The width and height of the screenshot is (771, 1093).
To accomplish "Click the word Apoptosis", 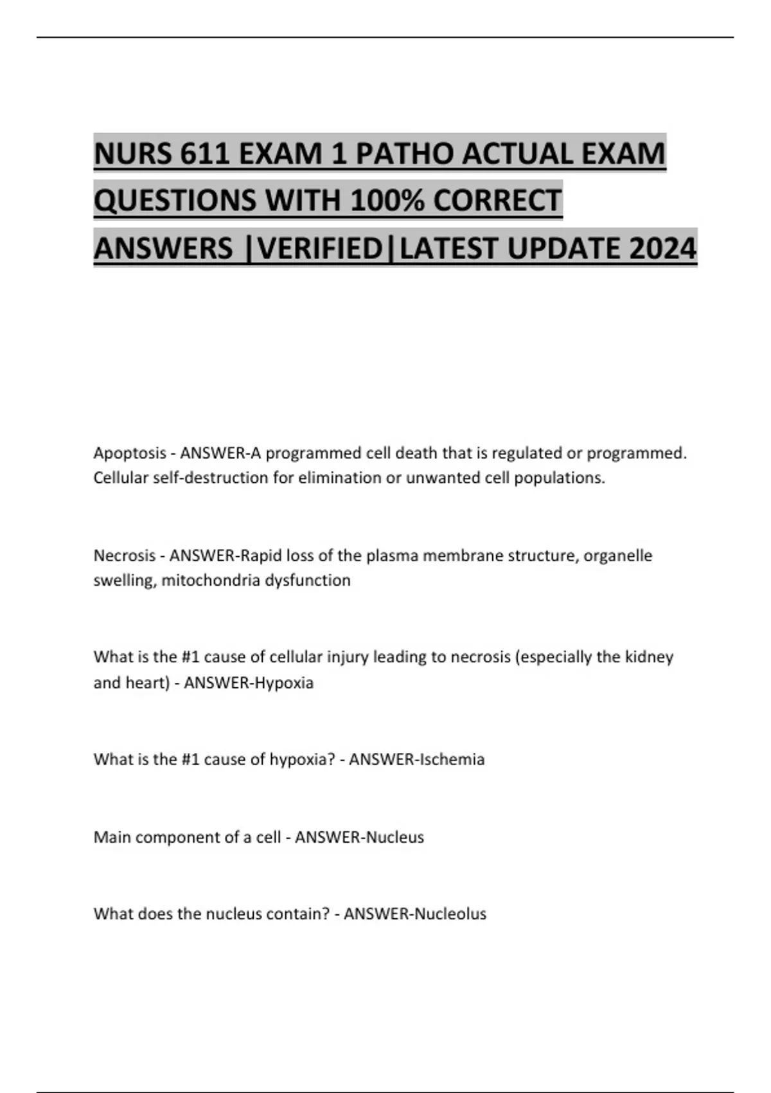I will point(130,453).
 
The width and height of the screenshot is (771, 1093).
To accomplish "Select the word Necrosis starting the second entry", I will point(125,556).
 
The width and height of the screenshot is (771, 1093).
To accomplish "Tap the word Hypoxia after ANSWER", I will point(284,683).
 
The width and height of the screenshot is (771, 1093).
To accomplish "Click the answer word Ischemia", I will point(452,759).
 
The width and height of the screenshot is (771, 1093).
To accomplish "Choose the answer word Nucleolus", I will point(450,914).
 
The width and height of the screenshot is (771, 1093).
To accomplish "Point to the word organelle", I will point(621,556).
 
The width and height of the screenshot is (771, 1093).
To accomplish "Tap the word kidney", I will point(649,657).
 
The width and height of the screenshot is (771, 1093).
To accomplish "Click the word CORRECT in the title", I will point(497,201).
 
